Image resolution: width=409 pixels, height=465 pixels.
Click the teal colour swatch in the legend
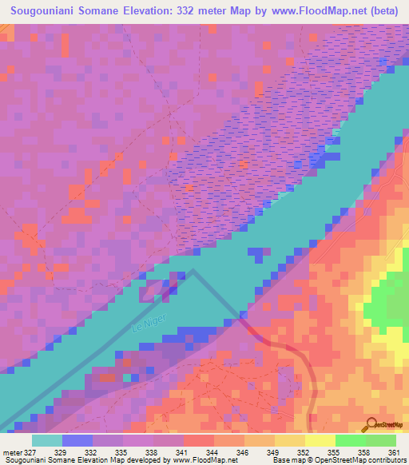(46, 440)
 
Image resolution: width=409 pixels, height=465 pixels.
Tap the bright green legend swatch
(351, 440)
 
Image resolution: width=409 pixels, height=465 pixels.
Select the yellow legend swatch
(320, 440)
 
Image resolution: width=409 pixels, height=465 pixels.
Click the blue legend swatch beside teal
(77, 440)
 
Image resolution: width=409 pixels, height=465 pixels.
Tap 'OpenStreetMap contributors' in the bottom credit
(367, 460)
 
